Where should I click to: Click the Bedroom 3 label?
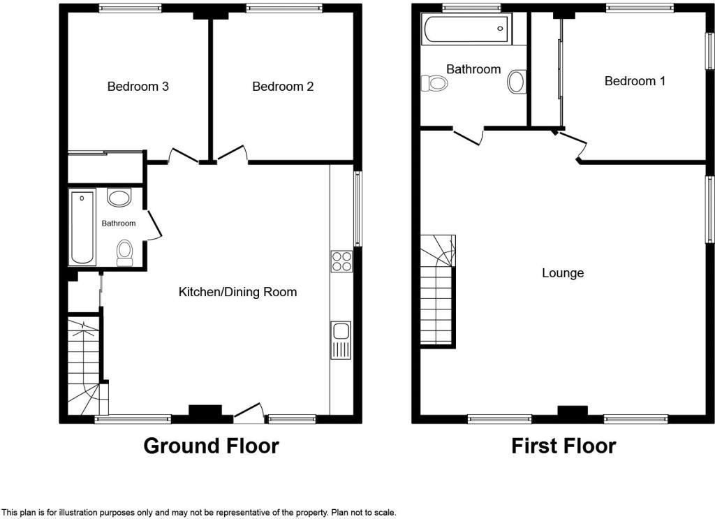click(x=138, y=87)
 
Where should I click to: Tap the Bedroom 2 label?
click(x=283, y=87)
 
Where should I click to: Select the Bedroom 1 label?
click(x=635, y=81)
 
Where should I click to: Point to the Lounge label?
click(x=563, y=273)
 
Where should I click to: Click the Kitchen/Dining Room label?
click(x=238, y=292)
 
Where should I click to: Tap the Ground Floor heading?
click(x=211, y=446)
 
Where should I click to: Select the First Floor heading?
click(x=563, y=446)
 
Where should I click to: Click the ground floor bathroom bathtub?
click(x=82, y=227)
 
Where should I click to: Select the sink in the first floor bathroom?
click(x=517, y=82)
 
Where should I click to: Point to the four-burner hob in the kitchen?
click(x=341, y=261)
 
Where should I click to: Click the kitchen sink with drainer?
click(x=341, y=340)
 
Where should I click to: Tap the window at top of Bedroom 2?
click(x=283, y=8)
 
